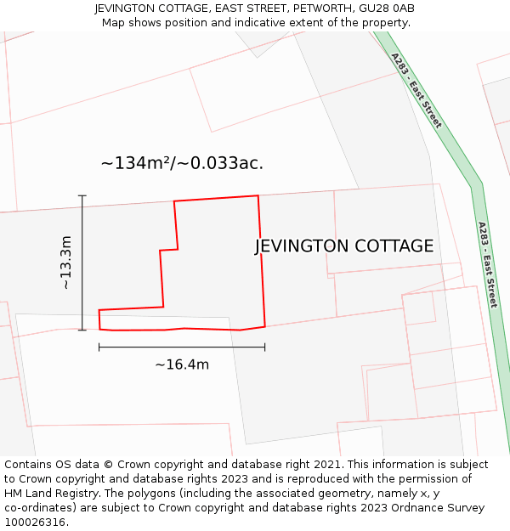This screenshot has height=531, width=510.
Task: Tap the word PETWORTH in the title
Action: pos(324,8)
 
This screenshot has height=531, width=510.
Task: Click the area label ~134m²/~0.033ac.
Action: pos(182,163)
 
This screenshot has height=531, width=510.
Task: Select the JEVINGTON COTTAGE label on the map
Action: pos(344,246)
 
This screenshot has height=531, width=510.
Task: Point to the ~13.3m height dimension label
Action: pos(66,263)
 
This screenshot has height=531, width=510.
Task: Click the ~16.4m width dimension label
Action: pos(182,364)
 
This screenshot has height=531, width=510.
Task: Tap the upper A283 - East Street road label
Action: pos(416,90)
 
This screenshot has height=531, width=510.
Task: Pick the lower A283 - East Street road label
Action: pos(486,264)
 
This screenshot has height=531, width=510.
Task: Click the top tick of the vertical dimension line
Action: pos(82,196)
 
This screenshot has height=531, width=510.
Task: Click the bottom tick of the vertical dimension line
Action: pos(82,330)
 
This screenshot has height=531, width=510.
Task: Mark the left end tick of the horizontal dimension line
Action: pos(99,347)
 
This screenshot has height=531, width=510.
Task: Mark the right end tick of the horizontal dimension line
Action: pos(264,347)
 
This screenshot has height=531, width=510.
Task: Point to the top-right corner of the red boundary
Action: pos(258,196)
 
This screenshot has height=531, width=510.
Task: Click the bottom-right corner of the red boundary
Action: pos(264,325)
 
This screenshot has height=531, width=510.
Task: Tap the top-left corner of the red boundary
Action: pos(174,201)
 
